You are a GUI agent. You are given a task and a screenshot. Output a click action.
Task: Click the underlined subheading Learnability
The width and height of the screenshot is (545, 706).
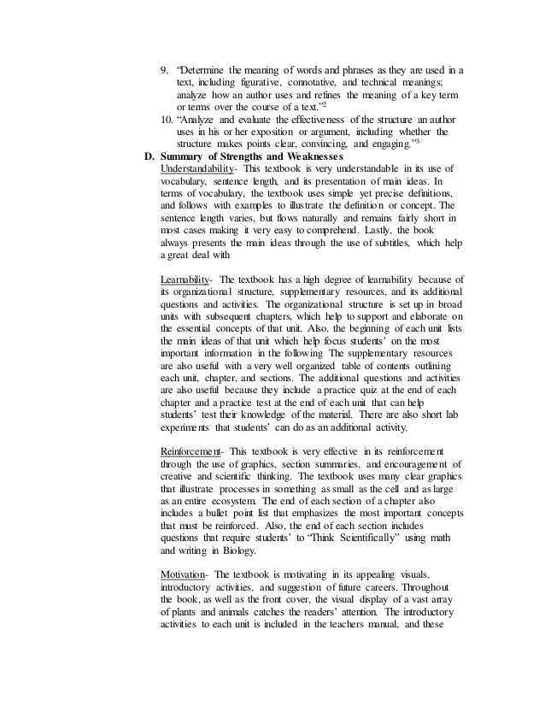186,279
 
